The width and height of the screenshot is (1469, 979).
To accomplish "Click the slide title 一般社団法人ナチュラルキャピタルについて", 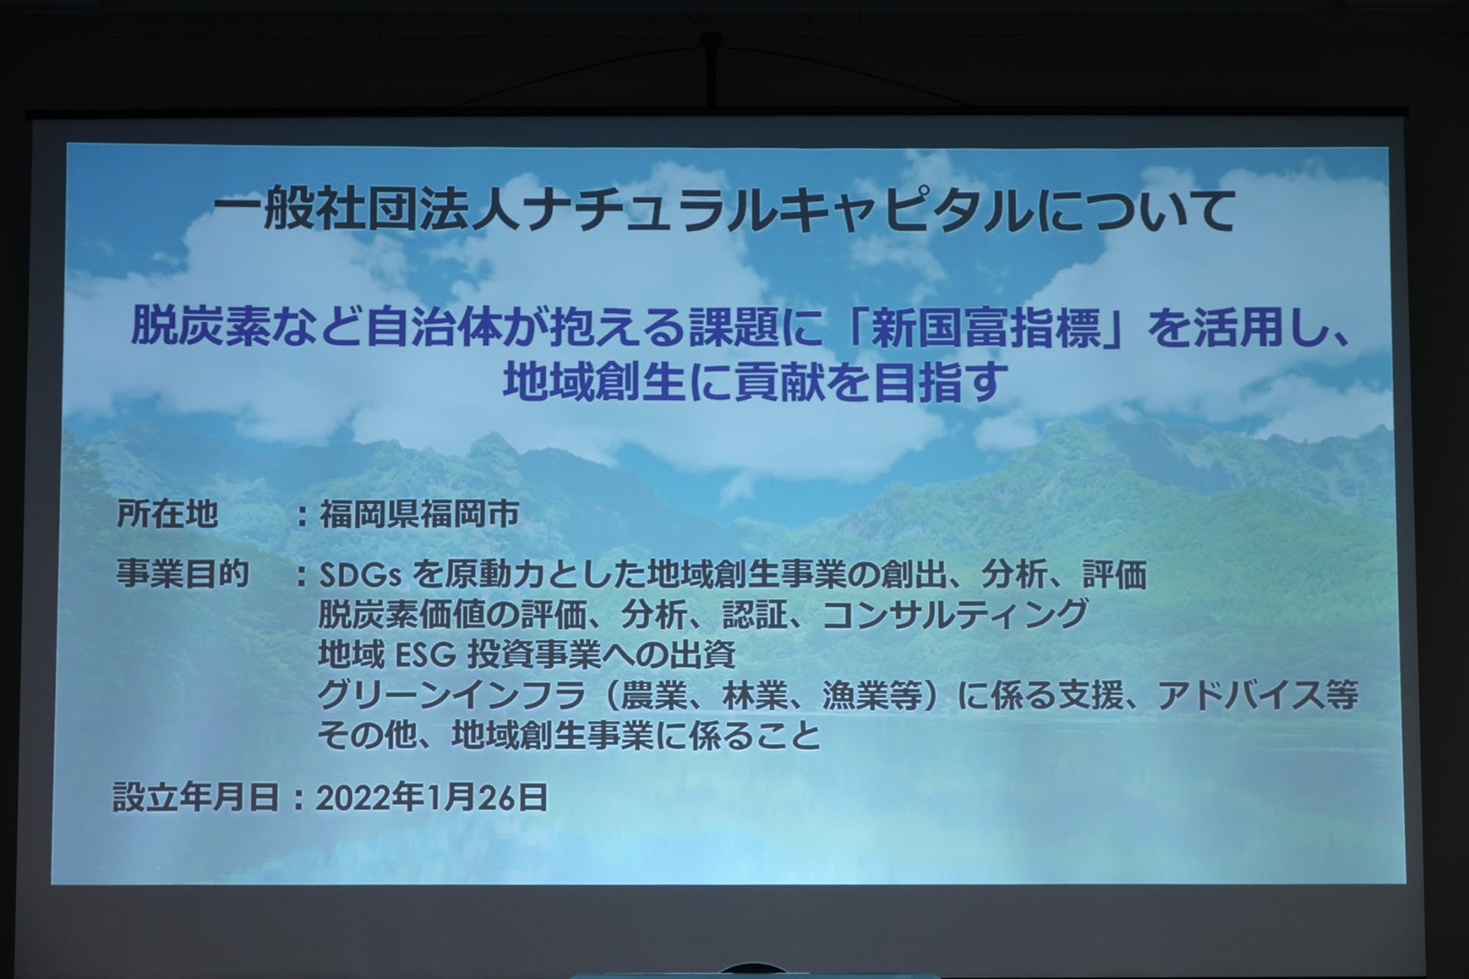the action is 724,208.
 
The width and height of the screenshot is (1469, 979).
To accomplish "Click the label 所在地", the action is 167,514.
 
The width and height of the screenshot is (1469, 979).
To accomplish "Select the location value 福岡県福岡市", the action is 419,514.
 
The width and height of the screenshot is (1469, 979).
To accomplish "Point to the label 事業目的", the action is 183,573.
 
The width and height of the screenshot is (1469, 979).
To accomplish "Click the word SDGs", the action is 360,575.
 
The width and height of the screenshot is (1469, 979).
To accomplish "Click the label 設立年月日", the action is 196,797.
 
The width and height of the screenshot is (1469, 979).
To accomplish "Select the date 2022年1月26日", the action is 432,797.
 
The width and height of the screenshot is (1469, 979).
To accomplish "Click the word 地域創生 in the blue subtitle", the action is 593,381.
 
